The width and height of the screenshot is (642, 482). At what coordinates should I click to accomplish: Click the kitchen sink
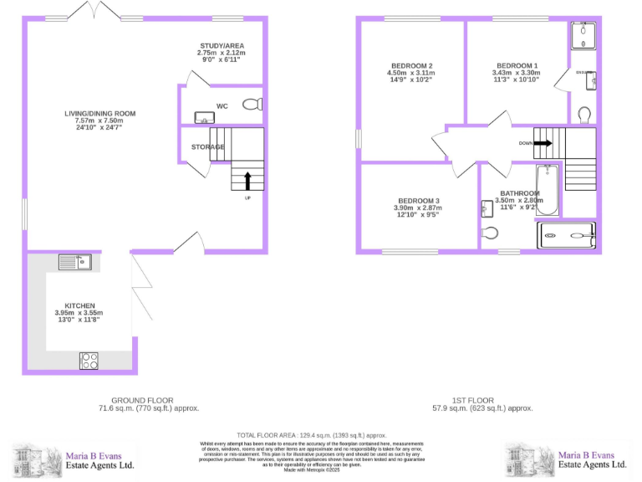tap(74, 262)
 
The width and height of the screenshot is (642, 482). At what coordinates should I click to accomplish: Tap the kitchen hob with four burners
tap(89, 361)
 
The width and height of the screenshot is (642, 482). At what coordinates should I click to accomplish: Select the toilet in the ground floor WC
tap(251, 105)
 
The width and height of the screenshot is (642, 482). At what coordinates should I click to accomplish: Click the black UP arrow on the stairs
tap(247, 180)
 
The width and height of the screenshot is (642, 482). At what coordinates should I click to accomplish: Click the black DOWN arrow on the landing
tap(543, 143)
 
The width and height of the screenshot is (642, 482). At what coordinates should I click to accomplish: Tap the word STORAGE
tap(207, 147)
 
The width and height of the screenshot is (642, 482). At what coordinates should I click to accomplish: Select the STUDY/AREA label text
tap(222, 45)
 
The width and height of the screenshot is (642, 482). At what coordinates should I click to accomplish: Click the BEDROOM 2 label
tap(411, 65)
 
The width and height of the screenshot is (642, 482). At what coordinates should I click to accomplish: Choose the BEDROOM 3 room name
tap(418, 200)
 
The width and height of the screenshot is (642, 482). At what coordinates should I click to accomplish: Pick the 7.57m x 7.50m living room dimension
tap(99, 121)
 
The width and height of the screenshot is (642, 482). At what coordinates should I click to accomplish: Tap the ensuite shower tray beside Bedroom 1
tap(583, 33)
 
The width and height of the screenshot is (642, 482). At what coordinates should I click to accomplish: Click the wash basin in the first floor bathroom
tap(487, 208)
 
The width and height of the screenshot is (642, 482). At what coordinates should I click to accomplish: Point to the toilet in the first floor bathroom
tap(492, 233)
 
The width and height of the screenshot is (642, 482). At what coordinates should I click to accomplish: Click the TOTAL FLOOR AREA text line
tap(311, 435)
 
